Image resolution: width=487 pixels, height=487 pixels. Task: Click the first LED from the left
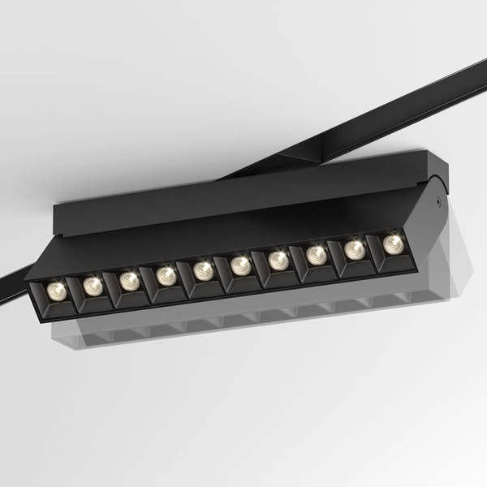click(x=56, y=290)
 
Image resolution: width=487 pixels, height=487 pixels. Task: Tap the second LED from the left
click(x=93, y=284)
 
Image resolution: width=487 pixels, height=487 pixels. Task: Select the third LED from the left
click(x=130, y=280)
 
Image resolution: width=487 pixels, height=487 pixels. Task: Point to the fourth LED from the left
click(x=166, y=275)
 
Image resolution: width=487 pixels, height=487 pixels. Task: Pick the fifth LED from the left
click(x=204, y=269)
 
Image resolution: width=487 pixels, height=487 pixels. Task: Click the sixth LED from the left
click(x=240, y=265)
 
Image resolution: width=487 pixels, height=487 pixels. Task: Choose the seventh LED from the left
click(x=278, y=260)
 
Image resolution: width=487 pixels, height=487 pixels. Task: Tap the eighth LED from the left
click(x=317, y=255)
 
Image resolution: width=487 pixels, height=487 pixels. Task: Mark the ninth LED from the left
click(x=355, y=249)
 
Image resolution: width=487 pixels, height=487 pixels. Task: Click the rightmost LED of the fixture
click(x=394, y=243)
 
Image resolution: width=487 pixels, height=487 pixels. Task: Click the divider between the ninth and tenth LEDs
click(x=373, y=252)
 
